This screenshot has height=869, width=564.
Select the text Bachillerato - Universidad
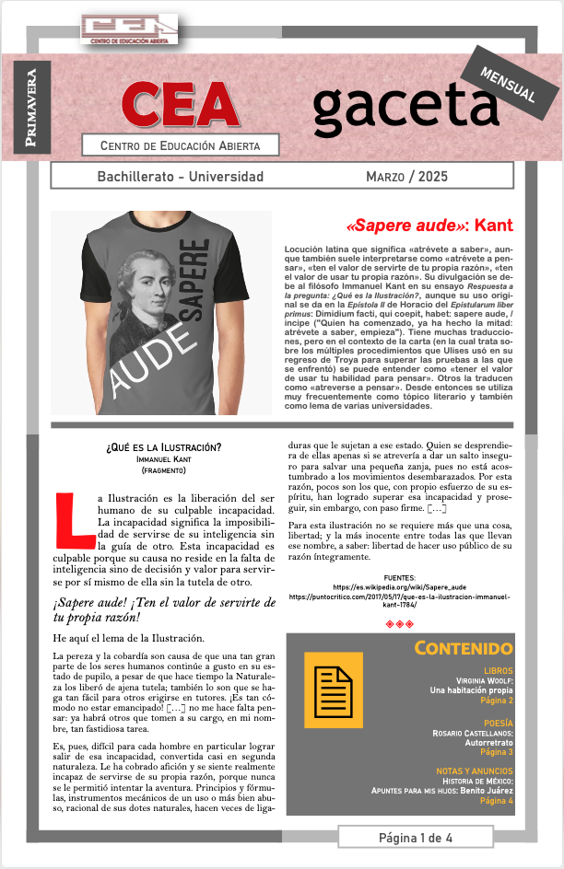pos(180,176)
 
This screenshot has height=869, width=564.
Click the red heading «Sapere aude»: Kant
pos(429,226)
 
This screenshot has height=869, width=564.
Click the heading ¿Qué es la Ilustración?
pos(163,447)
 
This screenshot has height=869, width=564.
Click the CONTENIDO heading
pos(463,648)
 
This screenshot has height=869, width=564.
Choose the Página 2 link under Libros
pos(497,701)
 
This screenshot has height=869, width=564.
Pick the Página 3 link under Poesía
pos(497,752)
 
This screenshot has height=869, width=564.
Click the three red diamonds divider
pos(399,623)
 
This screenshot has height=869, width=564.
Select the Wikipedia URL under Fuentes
pos(399,586)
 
